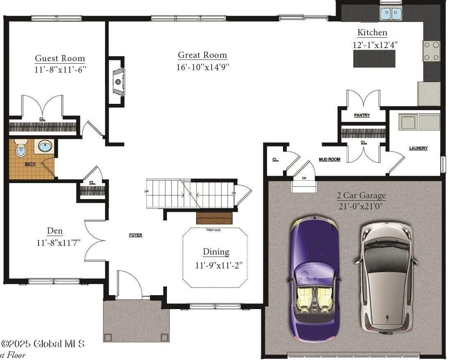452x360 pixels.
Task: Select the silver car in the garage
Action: (386, 277)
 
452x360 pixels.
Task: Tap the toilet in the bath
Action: (21, 148)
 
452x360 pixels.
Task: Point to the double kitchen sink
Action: (390, 14)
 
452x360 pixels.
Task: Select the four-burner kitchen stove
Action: (431, 51)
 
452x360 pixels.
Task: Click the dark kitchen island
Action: (374, 59)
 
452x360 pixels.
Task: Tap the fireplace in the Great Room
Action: (118, 82)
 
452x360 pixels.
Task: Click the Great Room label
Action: (202, 55)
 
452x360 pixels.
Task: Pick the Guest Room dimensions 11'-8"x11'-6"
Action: (60, 69)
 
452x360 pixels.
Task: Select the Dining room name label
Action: (216, 252)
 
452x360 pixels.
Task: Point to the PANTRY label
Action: (362, 115)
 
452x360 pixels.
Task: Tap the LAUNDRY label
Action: (418, 148)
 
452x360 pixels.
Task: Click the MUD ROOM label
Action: (329, 159)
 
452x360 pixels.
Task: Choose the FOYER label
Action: (136, 235)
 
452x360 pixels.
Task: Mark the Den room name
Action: (55, 231)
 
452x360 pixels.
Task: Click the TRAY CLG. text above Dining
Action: (213, 230)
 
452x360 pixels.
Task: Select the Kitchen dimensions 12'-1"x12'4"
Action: (375, 44)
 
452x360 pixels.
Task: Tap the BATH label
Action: (30, 164)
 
